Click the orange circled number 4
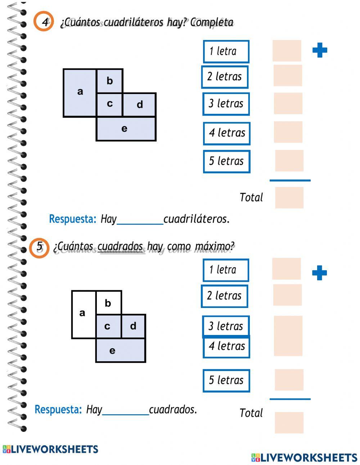click(44, 22)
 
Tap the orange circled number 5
click(39, 247)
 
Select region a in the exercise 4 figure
click(80, 93)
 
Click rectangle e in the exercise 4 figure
click(126, 129)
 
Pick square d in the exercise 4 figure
click(139, 105)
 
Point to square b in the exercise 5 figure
click(108, 303)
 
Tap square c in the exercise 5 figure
click(108, 326)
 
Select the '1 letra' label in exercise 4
click(226, 52)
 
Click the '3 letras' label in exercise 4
click(226, 104)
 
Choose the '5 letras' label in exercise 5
click(226, 380)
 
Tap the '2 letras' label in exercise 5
click(224, 296)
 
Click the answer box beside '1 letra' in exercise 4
click(287, 51)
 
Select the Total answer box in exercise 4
click(289, 197)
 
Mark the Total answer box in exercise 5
click(289, 422)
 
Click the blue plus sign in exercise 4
click(320, 50)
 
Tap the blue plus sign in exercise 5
click(319, 273)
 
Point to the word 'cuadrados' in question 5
click(120, 246)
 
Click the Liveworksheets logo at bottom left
click(50, 449)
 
